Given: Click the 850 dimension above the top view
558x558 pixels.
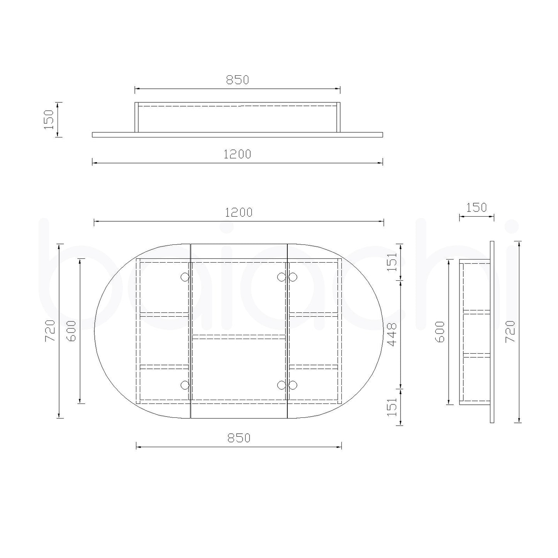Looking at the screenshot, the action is coord(237,80).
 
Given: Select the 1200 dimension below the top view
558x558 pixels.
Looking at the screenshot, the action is coord(237,154).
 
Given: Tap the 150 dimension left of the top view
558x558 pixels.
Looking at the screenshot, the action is coord(49,120).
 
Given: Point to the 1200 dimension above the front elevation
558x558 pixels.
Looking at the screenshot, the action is coord(239,213).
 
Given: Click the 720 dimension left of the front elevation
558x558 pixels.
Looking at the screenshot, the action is coord(50,331).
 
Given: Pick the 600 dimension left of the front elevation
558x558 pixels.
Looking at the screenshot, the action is coord(71,331).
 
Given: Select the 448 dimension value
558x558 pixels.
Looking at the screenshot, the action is coord(392,334).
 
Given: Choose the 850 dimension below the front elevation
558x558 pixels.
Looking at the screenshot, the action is coord(239,438).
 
